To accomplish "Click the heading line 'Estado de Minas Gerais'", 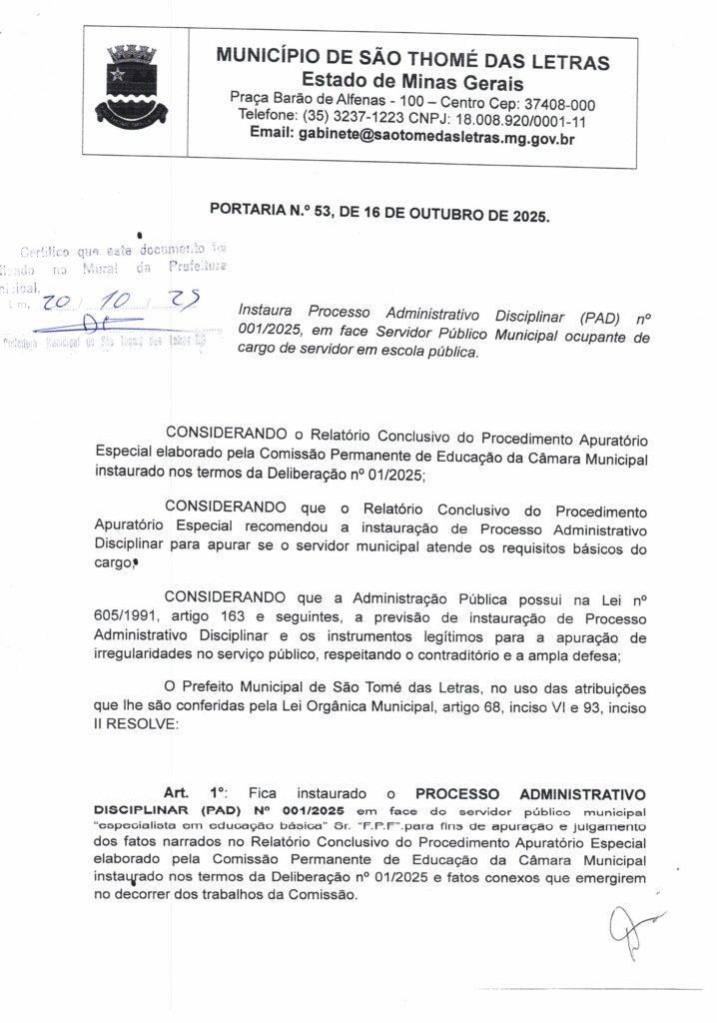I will click(x=412, y=81).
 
